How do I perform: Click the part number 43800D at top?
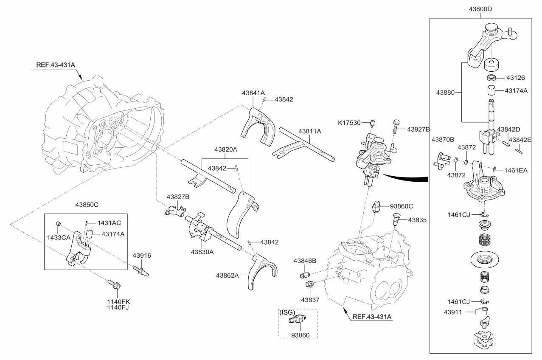[480, 9]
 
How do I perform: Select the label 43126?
[515, 78]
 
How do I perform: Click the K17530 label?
[349, 123]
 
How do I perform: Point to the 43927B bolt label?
[418, 129]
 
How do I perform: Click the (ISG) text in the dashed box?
[287, 312]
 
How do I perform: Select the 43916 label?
[142, 256]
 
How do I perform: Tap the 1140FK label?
[118, 301]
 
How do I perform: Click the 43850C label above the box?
[87, 205]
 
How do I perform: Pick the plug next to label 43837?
[309, 284]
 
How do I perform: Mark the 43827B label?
[178, 197]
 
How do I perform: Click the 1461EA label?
[516, 170]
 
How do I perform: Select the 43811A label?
[309, 131]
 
